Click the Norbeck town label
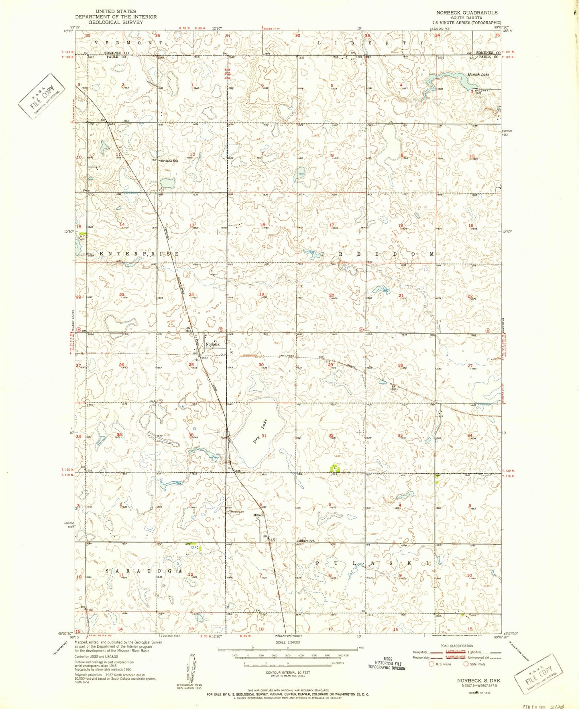pyautogui.click(x=212, y=344)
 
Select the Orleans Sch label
pyautogui.click(x=169, y=161)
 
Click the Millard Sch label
pyautogui.click(x=306, y=541)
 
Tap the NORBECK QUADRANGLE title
pyautogui.click(x=467, y=13)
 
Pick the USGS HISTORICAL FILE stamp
pyautogui.click(x=387, y=663)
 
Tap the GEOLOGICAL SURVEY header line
pyautogui.click(x=116, y=22)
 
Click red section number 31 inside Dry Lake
pyautogui.click(x=264, y=436)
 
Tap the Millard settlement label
pyautogui.click(x=258, y=515)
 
